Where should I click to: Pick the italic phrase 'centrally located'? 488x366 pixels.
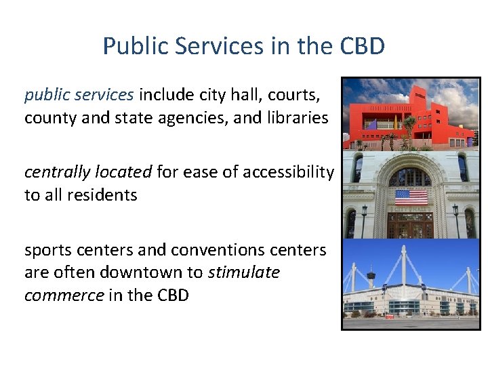(x=88, y=172)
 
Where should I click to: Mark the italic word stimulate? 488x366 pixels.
(x=243, y=272)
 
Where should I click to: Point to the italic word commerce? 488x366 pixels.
(x=64, y=296)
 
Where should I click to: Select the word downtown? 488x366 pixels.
(x=157, y=272)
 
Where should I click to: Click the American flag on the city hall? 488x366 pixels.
(x=411, y=197)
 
